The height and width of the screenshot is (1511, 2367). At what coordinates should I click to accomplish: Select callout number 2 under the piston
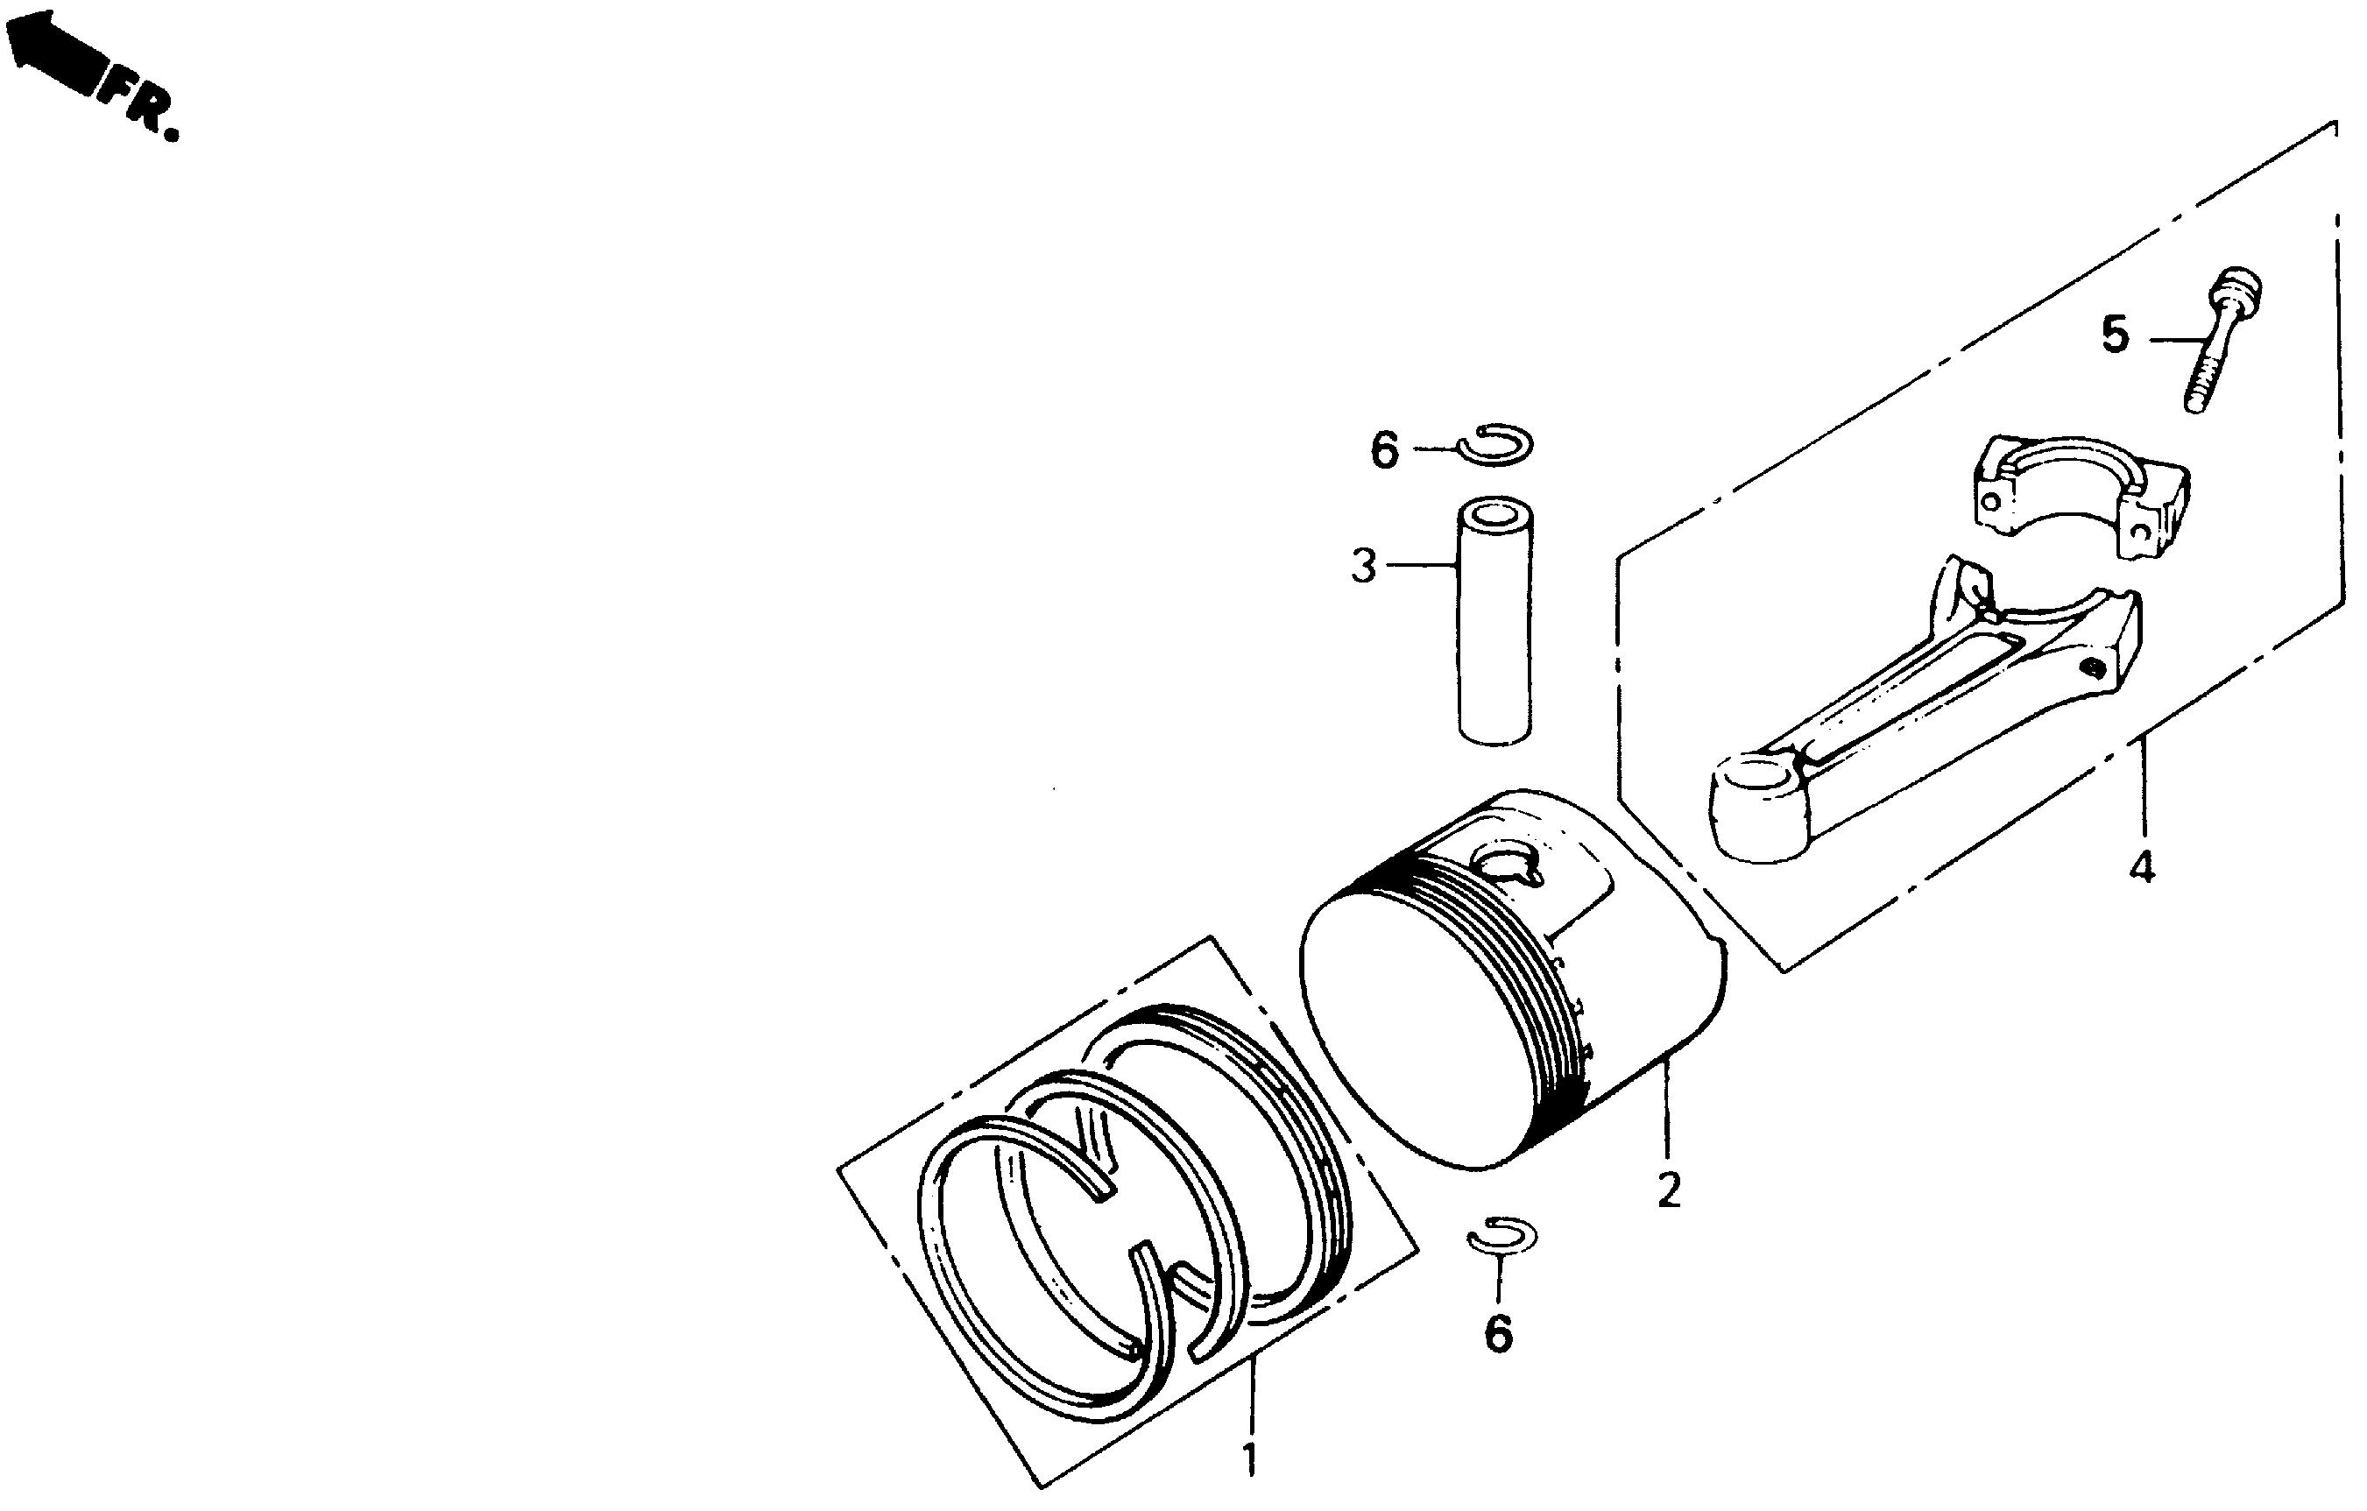[x=1668, y=1190]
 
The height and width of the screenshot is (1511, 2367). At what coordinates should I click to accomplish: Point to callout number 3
[x=1363, y=568]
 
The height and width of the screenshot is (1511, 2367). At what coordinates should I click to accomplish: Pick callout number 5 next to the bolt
[x=2116, y=335]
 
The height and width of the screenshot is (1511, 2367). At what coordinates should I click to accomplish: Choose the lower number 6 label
[x=1497, y=1334]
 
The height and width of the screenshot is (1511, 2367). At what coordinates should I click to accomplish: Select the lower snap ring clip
[x=1502, y=1236]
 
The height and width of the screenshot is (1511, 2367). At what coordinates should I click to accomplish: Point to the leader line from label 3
[x=1420, y=565]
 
